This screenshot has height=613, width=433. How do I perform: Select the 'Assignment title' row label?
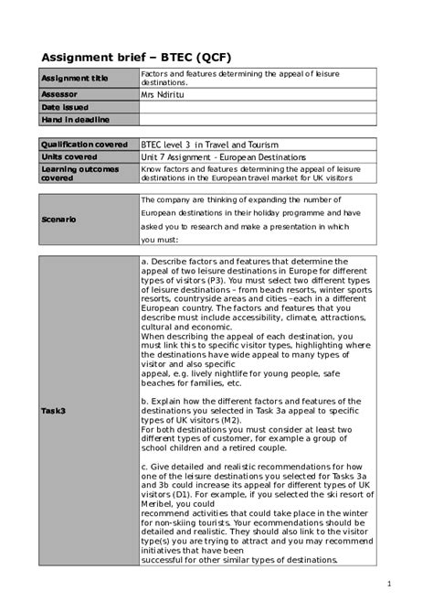[74, 78]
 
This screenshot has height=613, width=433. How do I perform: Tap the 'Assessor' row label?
[59, 93]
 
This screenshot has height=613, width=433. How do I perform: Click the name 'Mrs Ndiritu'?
[163, 93]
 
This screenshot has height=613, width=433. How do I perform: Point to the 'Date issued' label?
[64, 106]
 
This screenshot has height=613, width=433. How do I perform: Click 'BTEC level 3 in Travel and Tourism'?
[209, 145]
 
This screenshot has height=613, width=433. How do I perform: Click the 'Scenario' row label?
[58, 220]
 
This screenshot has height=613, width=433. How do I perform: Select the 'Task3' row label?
[53, 411]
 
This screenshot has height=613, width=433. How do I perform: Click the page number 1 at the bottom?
[389, 584]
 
